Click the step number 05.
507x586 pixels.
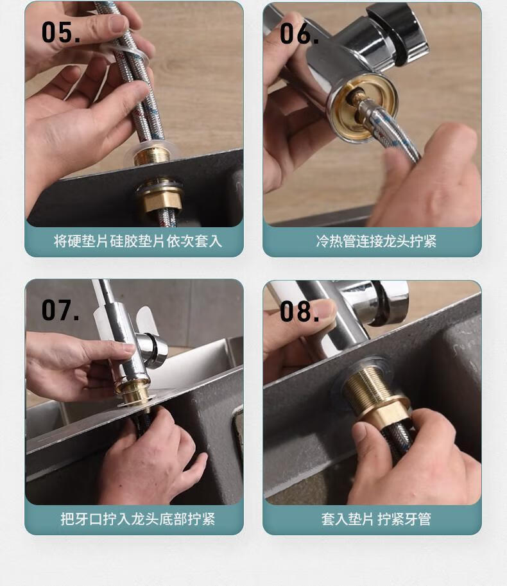61,32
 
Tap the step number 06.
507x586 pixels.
299,33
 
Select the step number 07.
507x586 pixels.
60,310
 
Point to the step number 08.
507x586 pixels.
299,311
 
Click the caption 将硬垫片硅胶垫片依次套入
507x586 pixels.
137,241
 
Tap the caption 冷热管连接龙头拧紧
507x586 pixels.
376,241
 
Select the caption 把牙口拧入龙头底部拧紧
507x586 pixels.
137,519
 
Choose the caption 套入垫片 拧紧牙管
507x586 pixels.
376,519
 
